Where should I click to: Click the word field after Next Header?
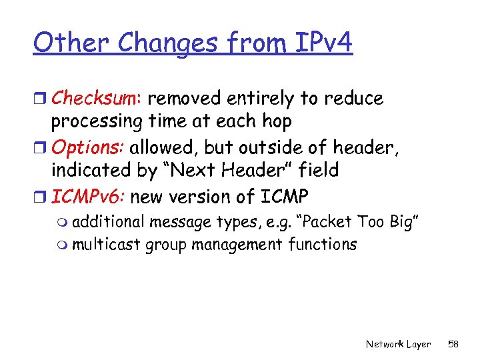(x=317, y=171)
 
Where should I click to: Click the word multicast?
(x=106, y=245)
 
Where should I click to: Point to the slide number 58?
(x=453, y=344)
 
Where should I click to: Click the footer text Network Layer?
(x=398, y=344)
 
